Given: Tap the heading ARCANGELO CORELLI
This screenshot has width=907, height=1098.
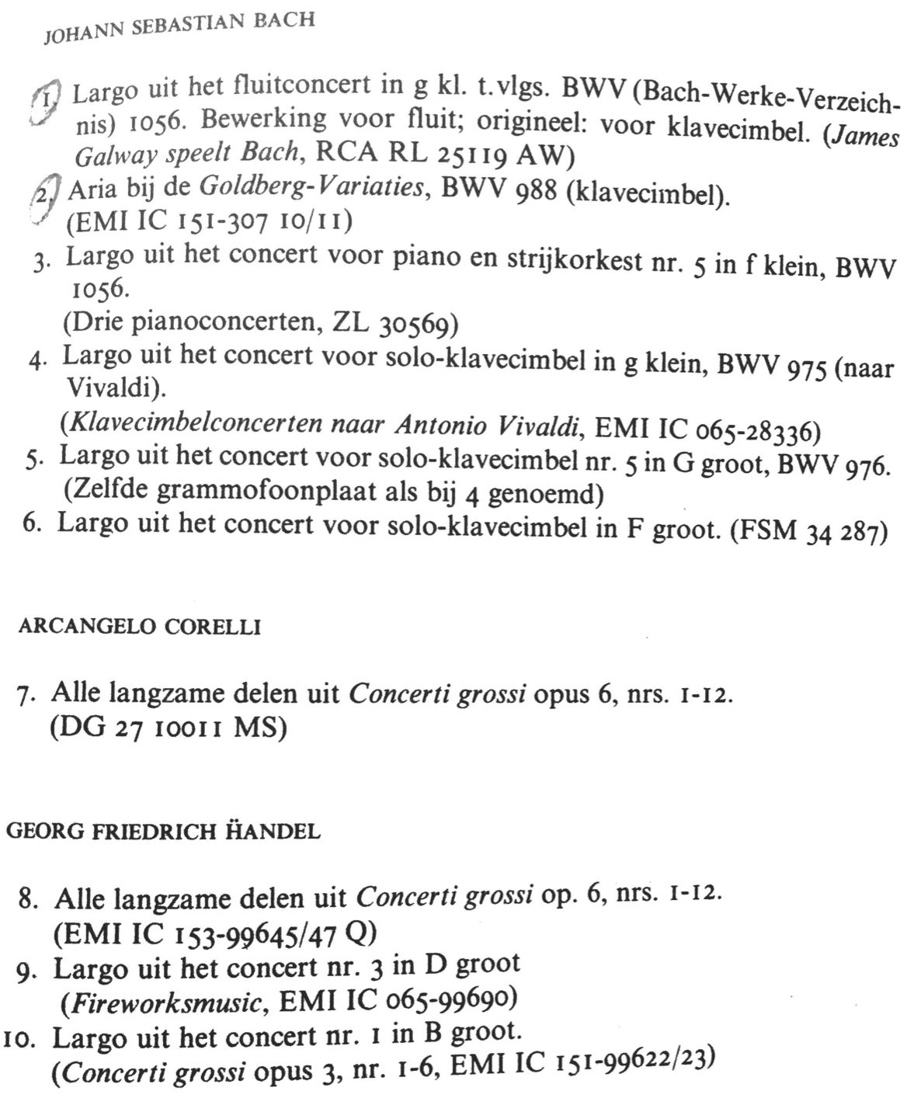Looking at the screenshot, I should (139, 627).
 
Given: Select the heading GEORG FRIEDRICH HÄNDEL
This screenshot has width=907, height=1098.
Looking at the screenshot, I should (162, 832).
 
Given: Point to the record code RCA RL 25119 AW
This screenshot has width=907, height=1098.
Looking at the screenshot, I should (440, 154).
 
